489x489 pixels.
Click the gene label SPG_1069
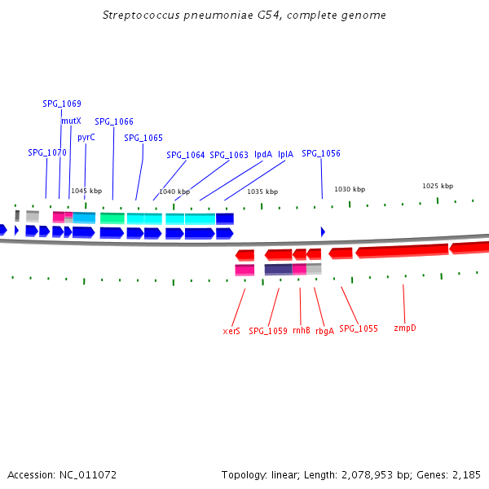pos(62,104)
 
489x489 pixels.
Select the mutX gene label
pos(71,121)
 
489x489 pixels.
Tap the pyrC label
pos(86,137)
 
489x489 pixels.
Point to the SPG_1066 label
pos(114,121)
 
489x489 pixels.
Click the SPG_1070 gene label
pos(47,152)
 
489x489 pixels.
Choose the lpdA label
pos(263,154)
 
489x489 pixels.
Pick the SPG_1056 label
pos(321,153)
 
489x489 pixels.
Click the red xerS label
pos(231,330)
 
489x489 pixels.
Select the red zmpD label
pos(405,328)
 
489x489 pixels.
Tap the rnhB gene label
pos(302,330)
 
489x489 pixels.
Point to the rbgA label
pos(324,330)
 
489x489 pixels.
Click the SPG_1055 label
pos(359,328)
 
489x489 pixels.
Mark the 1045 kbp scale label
pos(86,191)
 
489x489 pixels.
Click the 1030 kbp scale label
pos(350,189)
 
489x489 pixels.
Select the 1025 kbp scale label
pos(438,186)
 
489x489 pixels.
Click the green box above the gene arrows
pos(112,218)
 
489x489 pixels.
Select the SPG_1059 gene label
pos(268,330)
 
